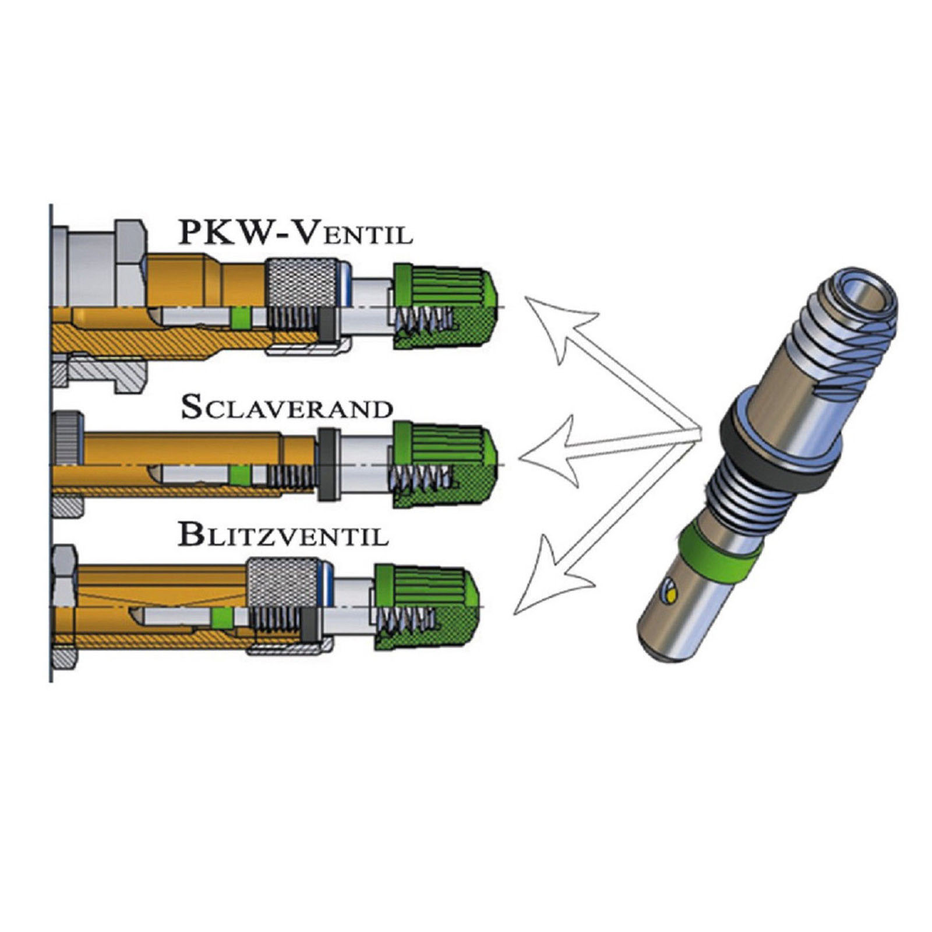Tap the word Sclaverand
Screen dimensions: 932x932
tap(286, 408)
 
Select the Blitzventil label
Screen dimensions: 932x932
tap(283, 534)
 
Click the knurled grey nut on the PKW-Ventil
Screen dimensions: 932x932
tap(302, 281)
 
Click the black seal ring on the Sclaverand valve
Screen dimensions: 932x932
tap(329, 464)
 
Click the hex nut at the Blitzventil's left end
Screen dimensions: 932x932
tap(64, 606)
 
